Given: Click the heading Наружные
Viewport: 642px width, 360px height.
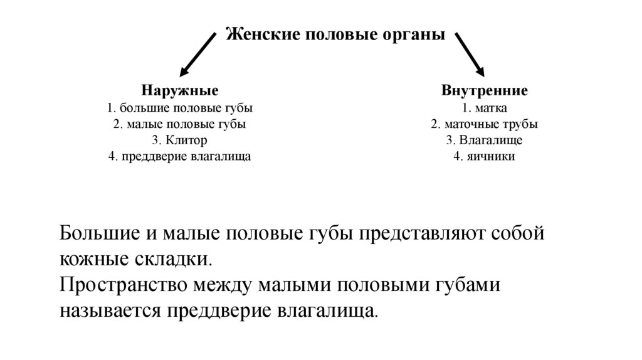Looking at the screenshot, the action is [179, 91].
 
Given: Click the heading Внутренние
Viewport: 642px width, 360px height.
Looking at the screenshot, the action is [484, 91].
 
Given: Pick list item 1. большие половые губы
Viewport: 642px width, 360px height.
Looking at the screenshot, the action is [179, 107].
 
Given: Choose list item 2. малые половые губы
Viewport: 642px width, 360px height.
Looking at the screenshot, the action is [179, 124].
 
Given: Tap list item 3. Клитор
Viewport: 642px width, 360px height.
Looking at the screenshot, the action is [179, 140].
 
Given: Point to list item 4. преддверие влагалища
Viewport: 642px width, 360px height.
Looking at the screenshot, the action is [179, 156].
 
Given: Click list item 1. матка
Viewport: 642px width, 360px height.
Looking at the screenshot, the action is [484, 107].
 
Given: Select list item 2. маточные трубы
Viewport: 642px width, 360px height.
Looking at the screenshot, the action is [484, 124].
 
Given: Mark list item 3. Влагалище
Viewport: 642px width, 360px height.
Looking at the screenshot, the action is [484, 140].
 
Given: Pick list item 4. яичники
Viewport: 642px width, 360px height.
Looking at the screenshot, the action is [484, 156].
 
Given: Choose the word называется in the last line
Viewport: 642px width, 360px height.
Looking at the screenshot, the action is [110, 310].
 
